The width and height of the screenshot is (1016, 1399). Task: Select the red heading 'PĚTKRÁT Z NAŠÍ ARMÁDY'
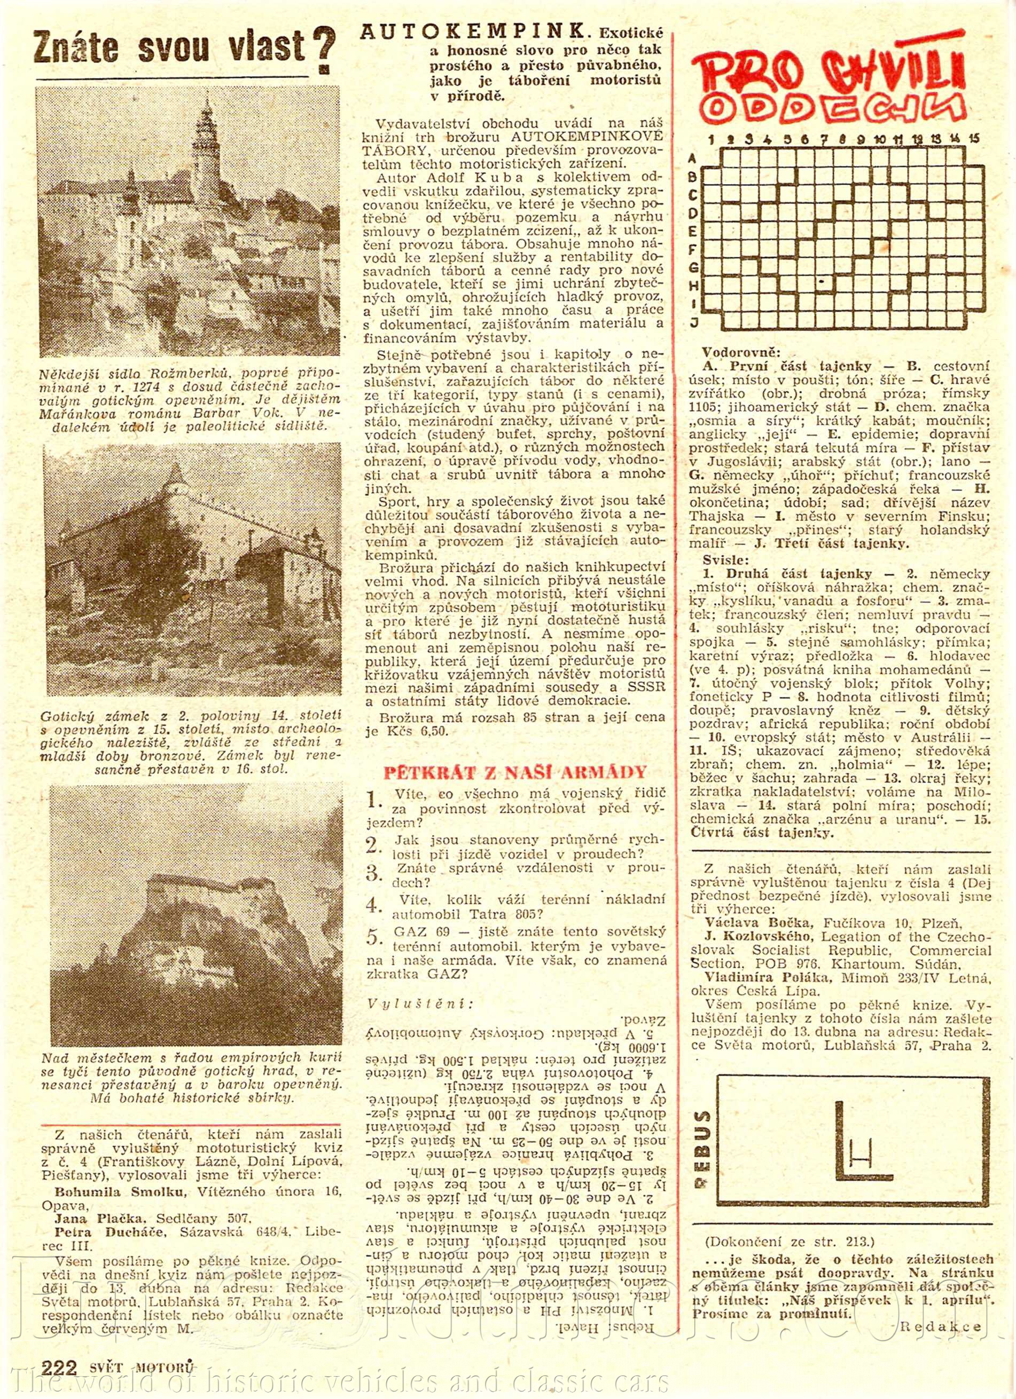(515, 772)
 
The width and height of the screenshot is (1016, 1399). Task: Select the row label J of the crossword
(694, 322)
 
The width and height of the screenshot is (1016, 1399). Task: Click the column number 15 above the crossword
(974, 139)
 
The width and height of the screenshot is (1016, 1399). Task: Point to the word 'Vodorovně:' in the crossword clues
(741, 353)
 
